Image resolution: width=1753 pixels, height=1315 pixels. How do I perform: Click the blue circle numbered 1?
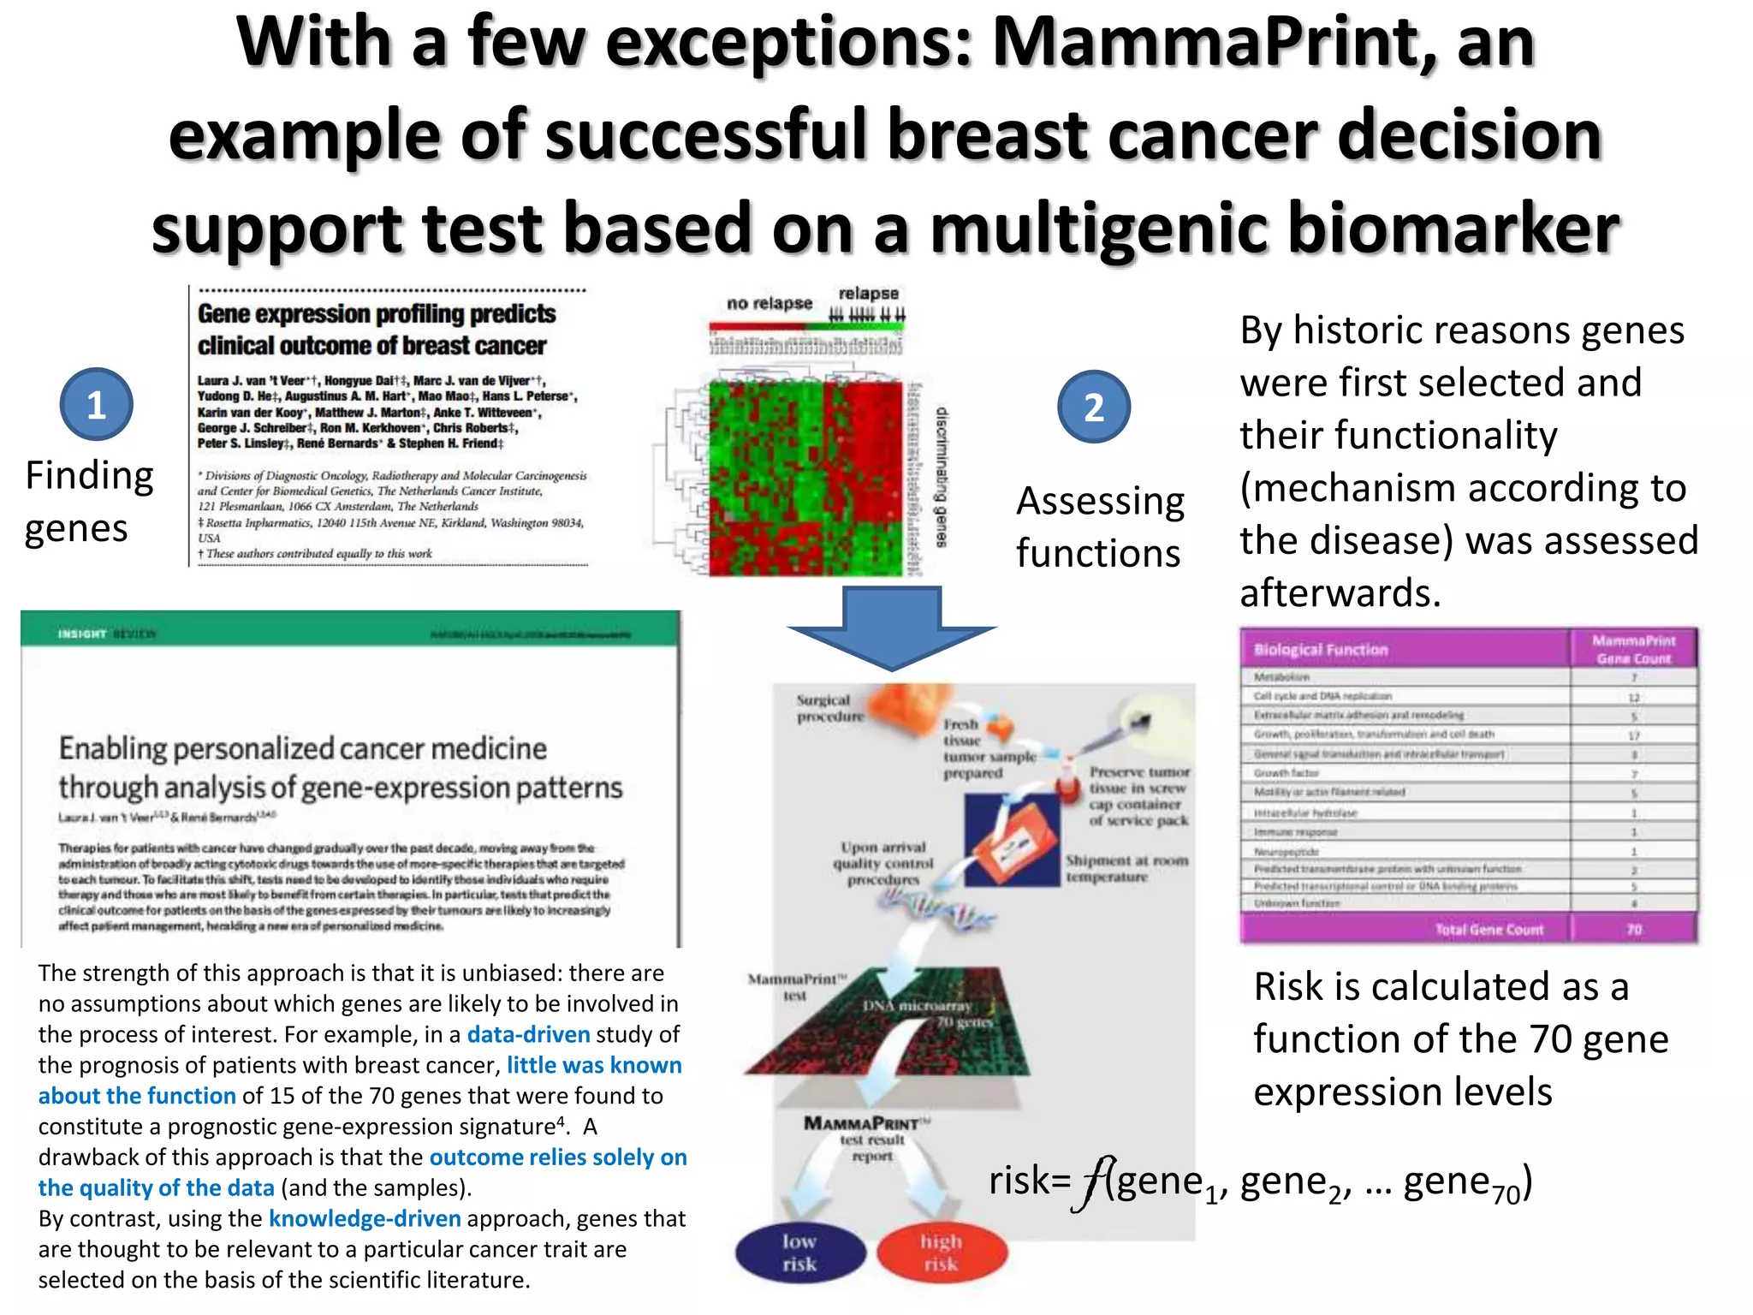click(x=96, y=405)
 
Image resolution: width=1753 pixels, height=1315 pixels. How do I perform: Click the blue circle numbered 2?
click(x=1093, y=408)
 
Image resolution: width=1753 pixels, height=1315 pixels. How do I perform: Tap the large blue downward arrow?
click(x=892, y=628)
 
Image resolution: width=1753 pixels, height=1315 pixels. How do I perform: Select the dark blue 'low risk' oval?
click(x=799, y=1253)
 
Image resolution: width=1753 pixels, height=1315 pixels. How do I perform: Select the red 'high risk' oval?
click(x=942, y=1253)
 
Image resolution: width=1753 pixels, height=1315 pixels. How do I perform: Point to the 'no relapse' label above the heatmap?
click(x=769, y=303)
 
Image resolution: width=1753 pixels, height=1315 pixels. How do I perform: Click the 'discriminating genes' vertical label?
click(x=942, y=477)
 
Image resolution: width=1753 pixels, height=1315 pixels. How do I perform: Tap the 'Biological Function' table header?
click(x=1320, y=650)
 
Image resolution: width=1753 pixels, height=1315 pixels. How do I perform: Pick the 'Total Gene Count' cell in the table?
click(x=1489, y=929)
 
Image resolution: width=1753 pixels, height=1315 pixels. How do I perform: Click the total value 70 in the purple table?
click(x=1633, y=929)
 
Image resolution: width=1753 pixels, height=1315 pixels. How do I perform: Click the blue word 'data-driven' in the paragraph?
click(x=528, y=1034)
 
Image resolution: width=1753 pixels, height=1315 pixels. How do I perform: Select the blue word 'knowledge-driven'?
click(x=365, y=1218)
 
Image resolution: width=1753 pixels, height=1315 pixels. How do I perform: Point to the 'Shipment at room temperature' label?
click(x=1126, y=868)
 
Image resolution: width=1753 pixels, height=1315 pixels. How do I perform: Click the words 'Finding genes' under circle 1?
click(x=88, y=502)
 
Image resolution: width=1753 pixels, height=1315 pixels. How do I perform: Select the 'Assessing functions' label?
click(x=1100, y=527)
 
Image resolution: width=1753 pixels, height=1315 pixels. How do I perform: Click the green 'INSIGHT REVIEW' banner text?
click(x=107, y=634)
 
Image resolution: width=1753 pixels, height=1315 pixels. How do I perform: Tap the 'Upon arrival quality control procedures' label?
click(x=883, y=863)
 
